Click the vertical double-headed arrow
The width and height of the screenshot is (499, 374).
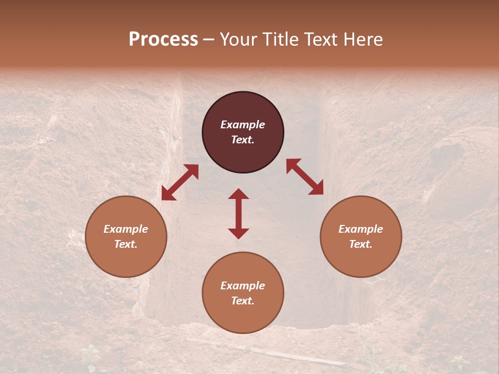(x=239, y=213)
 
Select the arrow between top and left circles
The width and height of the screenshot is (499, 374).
(x=180, y=182)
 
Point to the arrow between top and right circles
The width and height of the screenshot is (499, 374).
(x=305, y=177)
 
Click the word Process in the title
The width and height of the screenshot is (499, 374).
(x=163, y=39)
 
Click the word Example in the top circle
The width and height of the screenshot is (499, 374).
(x=243, y=125)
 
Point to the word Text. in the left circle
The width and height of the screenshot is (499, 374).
(x=126, y=244)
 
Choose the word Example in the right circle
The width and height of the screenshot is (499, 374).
(x=361, y=229)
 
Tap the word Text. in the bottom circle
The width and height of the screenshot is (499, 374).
(x=243, y=301)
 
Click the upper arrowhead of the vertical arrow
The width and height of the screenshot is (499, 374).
(x=239, y=194)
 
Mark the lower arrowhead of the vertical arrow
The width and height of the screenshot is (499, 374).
(x=239, y=233)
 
